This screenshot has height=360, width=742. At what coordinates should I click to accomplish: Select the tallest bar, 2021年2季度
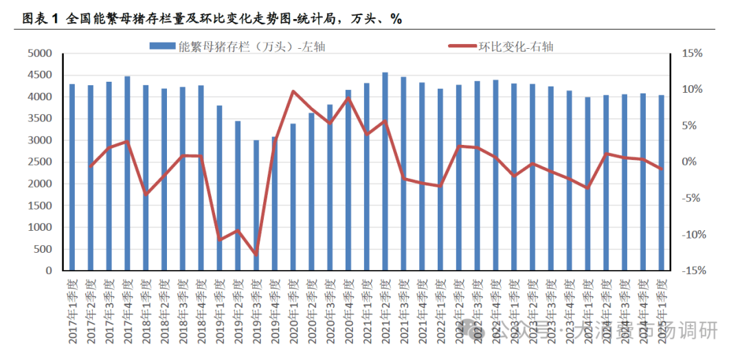pyautogui.click(x=385, y=172)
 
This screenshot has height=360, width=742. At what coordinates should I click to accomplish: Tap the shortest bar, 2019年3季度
pyautogui.click(x=256, y=205)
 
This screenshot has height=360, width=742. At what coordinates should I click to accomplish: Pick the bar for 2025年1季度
pyautogui.click(x=661, y=183)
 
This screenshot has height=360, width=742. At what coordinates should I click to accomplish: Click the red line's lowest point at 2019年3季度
pyautogui.click(x=256, y=255)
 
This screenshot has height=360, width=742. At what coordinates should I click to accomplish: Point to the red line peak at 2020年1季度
pyautogui.click(x=293, y=91)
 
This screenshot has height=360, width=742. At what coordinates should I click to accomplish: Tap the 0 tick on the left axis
pyautogui.click(x=48, y=271)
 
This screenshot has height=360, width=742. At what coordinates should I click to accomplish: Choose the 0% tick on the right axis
pyautogui.click(x=690, y=162)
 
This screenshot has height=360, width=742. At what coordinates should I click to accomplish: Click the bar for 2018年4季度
pyautogui.click(x=201, y=178)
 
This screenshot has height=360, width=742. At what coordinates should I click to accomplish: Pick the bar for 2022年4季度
pyautogui.click(x=495, y=175)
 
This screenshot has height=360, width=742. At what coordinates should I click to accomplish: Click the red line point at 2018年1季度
pyautogui.click(x=146, y=194)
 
